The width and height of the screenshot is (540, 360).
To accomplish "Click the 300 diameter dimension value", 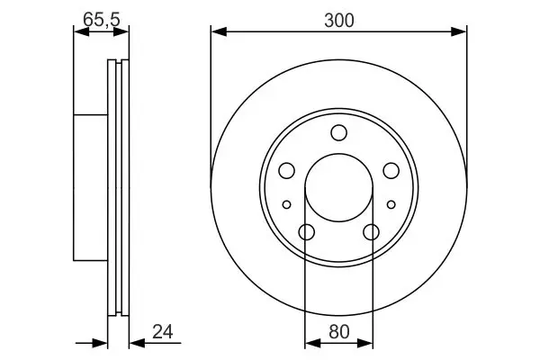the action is pos(339,21).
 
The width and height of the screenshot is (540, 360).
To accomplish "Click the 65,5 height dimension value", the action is pos(101,20).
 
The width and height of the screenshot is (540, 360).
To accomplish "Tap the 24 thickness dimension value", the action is pos(163,332).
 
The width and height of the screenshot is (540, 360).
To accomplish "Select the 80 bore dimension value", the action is pos(339,332).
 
